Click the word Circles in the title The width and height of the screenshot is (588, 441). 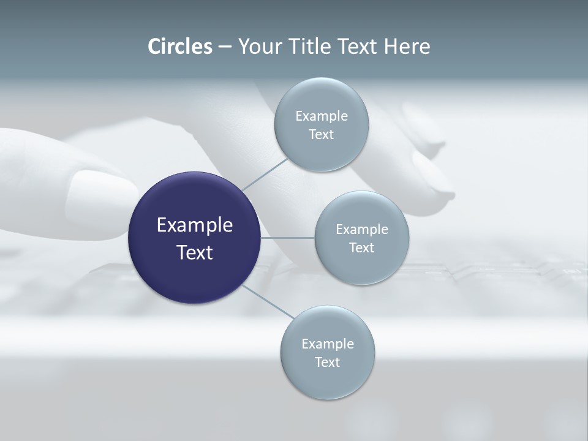coord(179,47)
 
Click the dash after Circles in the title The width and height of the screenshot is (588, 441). coord(224,47)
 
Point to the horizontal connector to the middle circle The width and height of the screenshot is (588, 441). coord(287,238)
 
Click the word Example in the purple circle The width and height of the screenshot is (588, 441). coord(194,225)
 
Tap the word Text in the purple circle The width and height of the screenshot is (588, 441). coord(194,252)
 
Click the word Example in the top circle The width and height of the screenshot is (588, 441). coord(321,116)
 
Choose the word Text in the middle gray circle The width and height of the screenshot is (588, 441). coord(361,247)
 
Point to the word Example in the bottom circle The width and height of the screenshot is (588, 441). coord(327,344)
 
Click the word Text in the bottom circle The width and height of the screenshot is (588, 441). coord(327,362)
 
